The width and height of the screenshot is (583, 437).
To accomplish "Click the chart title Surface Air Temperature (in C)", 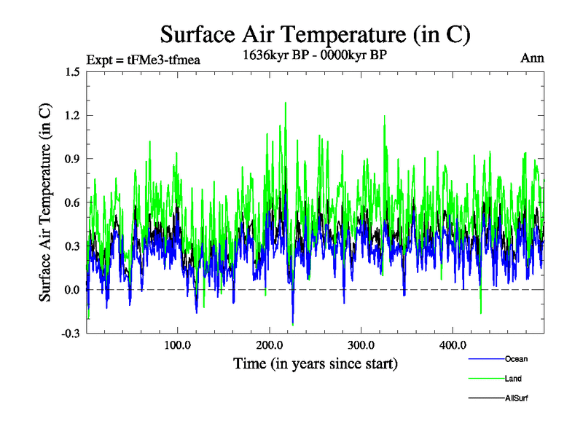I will point(315,34).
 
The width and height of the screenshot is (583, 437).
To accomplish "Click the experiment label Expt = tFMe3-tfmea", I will point(143,59).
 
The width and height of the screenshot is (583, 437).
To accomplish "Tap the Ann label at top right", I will point(532,58).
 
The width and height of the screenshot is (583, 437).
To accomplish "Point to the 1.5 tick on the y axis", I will point(72,71).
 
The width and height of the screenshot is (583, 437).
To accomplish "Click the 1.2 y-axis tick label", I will point(72,115).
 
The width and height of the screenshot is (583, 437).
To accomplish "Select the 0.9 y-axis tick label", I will point(72,159).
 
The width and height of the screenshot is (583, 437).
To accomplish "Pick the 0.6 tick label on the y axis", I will point(72,202).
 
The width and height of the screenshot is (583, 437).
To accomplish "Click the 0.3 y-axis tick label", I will point(72,246).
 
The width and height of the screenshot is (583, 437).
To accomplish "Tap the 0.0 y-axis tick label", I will point(72,290).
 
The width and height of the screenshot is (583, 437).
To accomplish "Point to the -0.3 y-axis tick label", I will point(70,334).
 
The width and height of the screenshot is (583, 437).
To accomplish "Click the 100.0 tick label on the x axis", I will point(178,345).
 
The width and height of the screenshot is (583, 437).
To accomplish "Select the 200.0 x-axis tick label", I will point(270,345).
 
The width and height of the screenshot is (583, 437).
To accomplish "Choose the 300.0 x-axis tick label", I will point(361,345).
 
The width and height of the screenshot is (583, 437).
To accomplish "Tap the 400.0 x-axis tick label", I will point(453,345).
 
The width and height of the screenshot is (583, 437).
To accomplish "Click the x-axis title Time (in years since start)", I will point(315,363).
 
